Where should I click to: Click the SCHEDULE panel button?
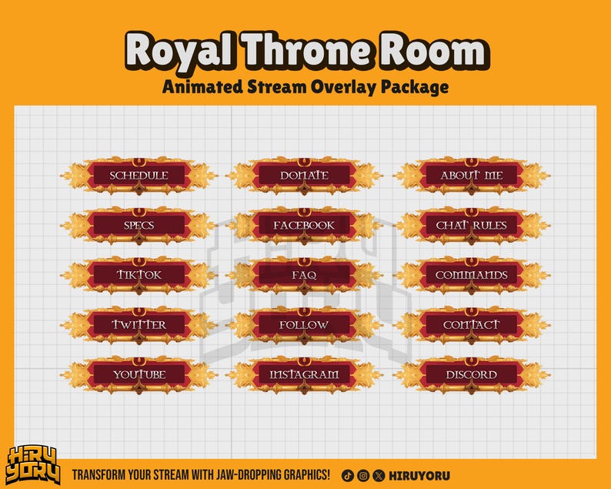tap(139, 176)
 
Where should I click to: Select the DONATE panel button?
tap(304, 176)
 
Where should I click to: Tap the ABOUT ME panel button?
tap(472, 176)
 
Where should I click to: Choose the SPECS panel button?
tap(139, 226)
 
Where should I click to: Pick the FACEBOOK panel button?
tap(304, 226)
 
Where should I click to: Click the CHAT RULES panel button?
tap(472, 226)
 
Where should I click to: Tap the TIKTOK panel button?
tap(139, 275)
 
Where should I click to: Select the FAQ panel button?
tap(304, 275)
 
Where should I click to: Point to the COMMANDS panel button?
tap(472, 275)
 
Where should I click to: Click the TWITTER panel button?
tap(139, 325)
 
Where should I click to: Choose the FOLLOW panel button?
tap(304, 325)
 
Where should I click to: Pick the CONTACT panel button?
tap(472, 325)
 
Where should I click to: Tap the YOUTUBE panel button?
tap(139, 375)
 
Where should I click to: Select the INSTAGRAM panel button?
tap(304, 375)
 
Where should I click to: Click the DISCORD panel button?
tap(472, 375)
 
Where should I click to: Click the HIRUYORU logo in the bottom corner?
tap(33, 465)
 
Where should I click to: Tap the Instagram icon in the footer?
tap(362, 475)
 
